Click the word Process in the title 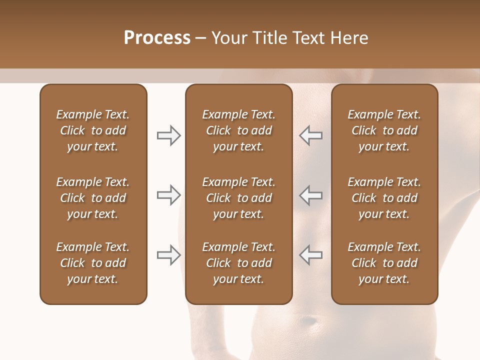click(x=157, y=38)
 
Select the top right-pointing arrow click(x=168, y=135)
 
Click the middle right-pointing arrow click(x=168, y=195)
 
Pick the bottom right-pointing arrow click(x=168, y=255)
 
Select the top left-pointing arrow click(x=311, y=135)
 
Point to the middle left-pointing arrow click(x=311, y=195)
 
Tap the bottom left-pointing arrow click(x=311, y=255)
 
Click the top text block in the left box click(x=93, y=130)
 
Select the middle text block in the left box click(x=93, y=198)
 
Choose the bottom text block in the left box click(x=93, y=263)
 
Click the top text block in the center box click(x=238, y=130)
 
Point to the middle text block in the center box click(x=238, y=198)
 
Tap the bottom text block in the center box click(x=238, y=263)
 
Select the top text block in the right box click(x=384, y=130)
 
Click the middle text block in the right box click(x=384, y=198)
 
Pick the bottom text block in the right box click(x=384, y=263)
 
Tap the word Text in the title click(x=307, y=38)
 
